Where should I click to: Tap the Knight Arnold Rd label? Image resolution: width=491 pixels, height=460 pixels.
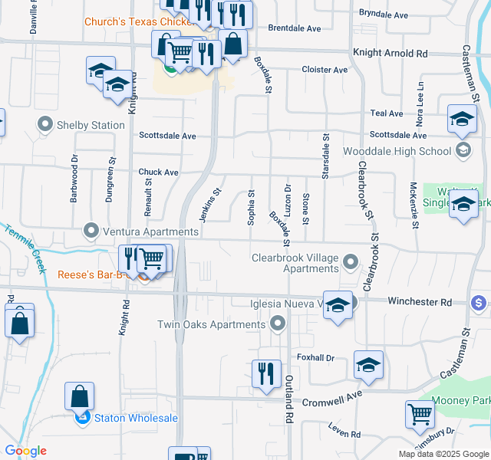(390, 54)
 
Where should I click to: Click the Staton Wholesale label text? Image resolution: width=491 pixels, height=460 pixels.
(136, 418)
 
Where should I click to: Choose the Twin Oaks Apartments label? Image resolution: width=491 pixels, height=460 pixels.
(211, 324)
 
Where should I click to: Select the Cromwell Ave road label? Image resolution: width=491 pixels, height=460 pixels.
(333, 398)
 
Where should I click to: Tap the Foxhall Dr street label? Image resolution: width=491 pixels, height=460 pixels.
(315, 357)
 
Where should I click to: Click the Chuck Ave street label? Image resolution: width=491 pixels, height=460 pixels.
(158, 172)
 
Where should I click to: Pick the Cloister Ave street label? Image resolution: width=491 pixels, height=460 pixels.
(325, 70)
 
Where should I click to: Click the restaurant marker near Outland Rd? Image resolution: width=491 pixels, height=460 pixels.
(266, 374)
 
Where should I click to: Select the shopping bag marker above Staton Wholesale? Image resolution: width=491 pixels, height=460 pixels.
(79, 396)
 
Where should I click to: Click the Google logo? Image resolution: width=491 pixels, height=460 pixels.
(25, 451)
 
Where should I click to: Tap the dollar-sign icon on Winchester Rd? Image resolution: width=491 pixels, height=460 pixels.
(479, 303)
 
